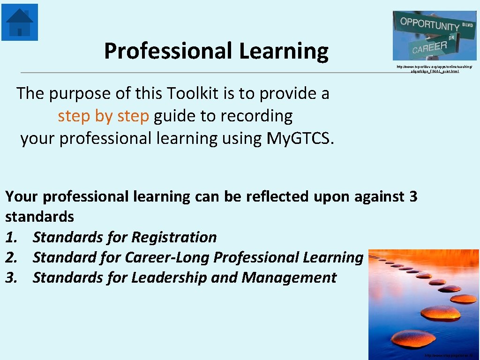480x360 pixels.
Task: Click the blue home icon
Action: pyautogui.click(x=20, y=22)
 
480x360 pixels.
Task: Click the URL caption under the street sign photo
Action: pyautogui.click(x=435, y=69)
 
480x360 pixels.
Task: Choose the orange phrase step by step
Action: pyautogui.click(x=103, y=116)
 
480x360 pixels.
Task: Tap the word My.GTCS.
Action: pyautogui.click(x=300, y=138)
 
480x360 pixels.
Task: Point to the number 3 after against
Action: pyautogui.click(x=413, y=196)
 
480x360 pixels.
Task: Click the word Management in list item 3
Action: pyautogui.click(x=289, y=277)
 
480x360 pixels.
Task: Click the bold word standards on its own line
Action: pyautogui.click(x=40, y=217)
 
